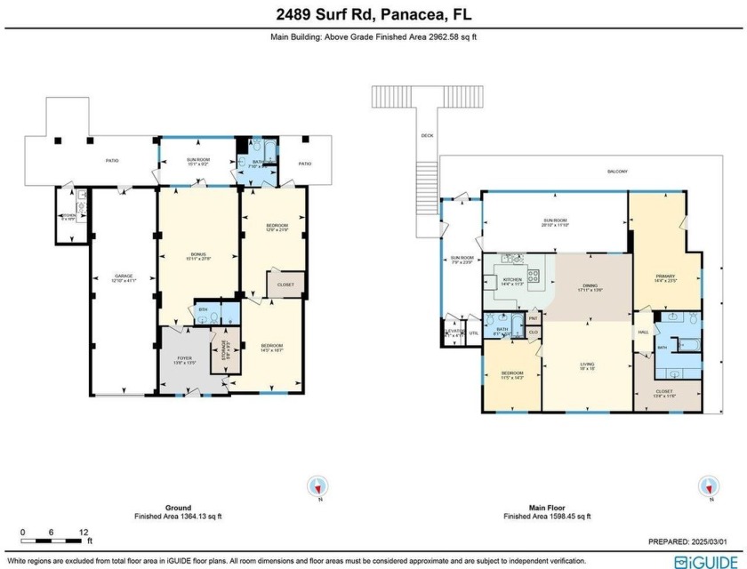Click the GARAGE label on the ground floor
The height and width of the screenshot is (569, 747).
123,276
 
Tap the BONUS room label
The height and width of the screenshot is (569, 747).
197,255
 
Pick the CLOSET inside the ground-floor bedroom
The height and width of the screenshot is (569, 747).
285,284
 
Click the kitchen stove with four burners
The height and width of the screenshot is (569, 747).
536,276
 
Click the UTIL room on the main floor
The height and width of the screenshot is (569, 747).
473,333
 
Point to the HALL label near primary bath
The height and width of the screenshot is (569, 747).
643,333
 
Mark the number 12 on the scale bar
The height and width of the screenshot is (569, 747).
84,532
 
